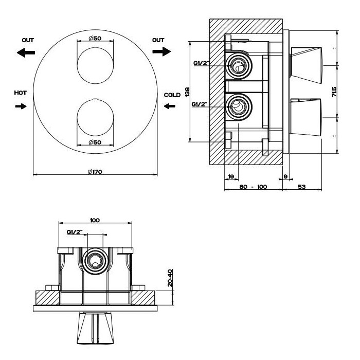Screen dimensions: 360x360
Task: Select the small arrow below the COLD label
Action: pyautogui.click(x=169, y=106)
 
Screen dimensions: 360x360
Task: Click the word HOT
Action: pyautogui.click(x=21, y=93)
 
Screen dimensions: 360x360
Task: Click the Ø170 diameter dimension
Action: pyautogui.click(x=94, y=171)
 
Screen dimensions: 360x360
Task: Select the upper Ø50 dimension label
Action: pyautogui.click(x=94, y=39)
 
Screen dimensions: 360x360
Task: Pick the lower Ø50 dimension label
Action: pyautogui.click(x=94, y=142)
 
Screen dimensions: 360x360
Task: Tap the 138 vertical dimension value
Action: pyautogui.click(x=188, y=92)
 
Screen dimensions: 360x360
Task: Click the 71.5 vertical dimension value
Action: pyautogui.click(x=334, y=93)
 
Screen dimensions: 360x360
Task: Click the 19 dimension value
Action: pyautogui.click(x=231, y=176)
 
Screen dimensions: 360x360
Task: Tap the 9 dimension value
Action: pyautogui.click(x=286, y=176)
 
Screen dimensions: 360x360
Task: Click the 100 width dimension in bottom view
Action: pyautogui.click(x=95, y=220)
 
